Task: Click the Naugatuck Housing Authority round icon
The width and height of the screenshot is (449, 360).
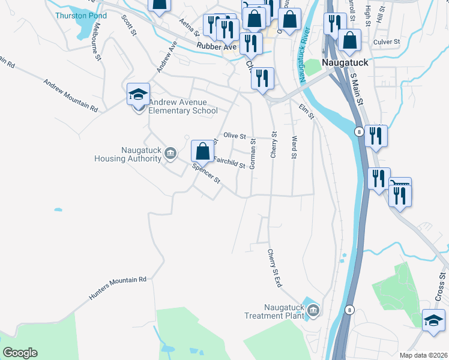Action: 170,154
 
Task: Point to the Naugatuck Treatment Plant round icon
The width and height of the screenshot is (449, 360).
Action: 313,310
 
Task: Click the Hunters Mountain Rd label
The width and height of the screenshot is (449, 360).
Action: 118,289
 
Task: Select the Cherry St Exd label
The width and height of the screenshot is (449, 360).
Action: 275,268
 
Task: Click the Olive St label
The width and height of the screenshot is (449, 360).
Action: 235,136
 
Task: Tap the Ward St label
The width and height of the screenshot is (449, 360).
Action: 294,148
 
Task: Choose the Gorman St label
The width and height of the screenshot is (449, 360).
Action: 253,154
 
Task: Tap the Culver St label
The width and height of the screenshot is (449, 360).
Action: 386,42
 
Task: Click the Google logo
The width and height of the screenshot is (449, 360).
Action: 20,353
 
